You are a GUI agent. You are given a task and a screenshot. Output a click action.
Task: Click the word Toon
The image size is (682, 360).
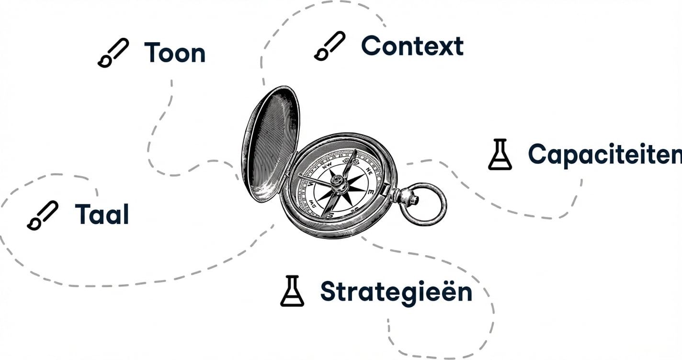pos(174,53)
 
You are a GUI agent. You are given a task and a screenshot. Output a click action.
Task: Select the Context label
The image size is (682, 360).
pos(412,46)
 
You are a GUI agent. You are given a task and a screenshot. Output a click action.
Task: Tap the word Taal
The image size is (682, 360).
pos(102,214)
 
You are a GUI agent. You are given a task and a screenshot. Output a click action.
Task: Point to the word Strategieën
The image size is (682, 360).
pos(396,292)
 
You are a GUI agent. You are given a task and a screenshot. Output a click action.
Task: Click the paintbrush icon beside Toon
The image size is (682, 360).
pos(113,53)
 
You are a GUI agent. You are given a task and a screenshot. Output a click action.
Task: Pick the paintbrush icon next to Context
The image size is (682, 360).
pos(330,46)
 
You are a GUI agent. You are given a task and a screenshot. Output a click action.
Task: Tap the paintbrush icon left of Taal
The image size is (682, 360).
pos(42,215)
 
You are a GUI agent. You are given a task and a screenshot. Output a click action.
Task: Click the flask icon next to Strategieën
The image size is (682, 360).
pos(292,291)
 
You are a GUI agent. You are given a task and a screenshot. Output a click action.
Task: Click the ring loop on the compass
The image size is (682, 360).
pos(424,204)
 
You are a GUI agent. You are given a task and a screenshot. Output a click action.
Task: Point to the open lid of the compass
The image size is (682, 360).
pos(270,144)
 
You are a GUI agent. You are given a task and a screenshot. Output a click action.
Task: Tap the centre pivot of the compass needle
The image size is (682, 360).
pos(338,180)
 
